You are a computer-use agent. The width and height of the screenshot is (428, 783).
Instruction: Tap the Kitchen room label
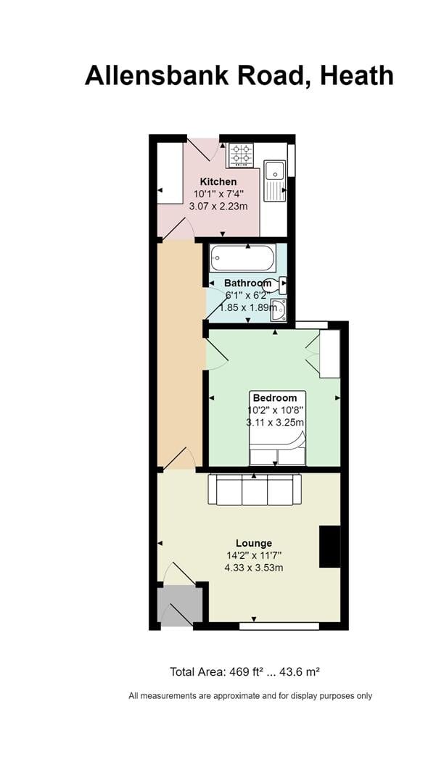point(218,181)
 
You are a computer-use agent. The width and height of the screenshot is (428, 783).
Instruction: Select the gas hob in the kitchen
point(242,154)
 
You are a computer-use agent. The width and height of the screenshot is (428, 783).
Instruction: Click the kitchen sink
point(275,172)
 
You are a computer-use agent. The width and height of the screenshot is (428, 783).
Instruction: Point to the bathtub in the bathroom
point(242,257)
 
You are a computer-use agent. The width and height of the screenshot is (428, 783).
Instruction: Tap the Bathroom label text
point(248,283)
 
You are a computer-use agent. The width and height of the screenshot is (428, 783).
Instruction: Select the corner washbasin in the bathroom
point(279,311)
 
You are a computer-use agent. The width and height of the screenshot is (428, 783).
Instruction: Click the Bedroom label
point(274,397)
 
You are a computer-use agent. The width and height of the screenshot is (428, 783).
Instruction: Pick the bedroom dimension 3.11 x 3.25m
point(274,422)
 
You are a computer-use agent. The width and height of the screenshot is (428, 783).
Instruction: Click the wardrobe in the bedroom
point(329,354)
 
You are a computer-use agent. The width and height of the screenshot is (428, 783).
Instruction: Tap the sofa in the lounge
point(254,489)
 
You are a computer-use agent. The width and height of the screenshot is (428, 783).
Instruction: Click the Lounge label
point(254,543)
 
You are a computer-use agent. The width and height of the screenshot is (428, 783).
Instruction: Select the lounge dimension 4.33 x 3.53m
point(254,568)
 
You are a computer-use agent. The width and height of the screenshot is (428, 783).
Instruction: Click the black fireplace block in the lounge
point(329,546)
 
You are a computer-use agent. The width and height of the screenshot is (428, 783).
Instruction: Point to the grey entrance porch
point(179,605)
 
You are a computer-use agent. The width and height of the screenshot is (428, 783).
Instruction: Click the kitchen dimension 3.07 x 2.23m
point(218,206)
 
